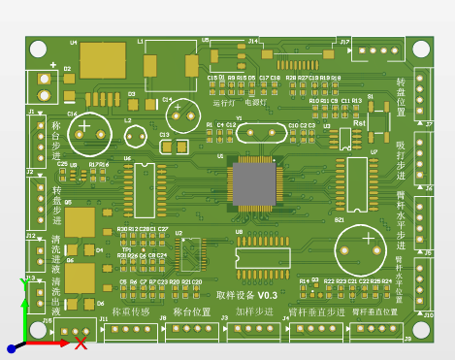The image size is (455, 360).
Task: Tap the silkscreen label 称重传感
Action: (130, 312)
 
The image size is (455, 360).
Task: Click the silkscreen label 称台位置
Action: (191, 312)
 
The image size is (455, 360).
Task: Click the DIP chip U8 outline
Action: (263, 252)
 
